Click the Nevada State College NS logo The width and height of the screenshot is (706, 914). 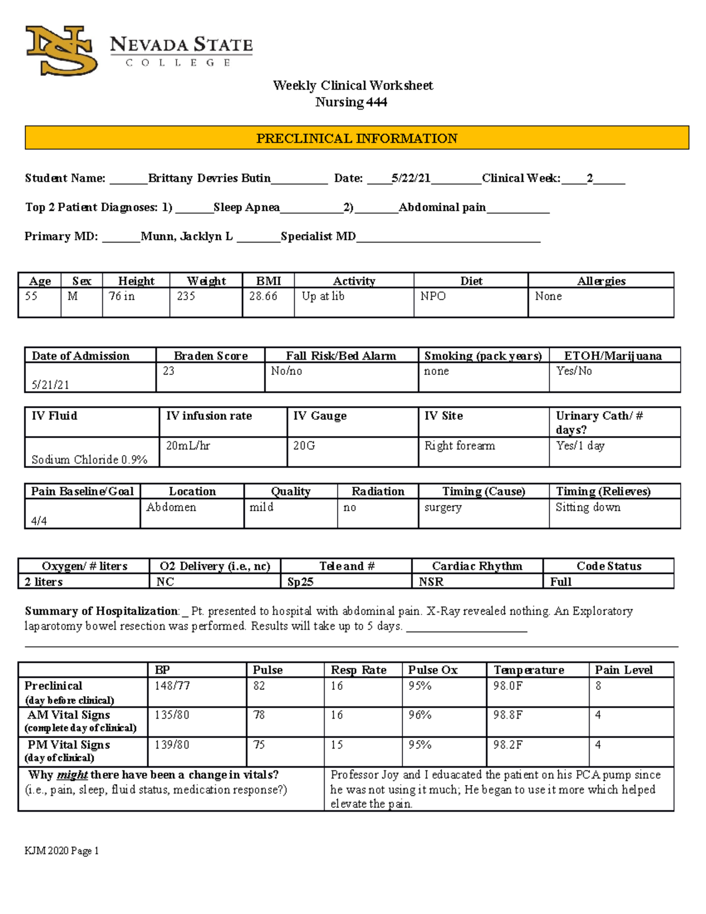[62, 51]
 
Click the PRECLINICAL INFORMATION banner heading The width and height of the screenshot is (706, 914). [357, 138]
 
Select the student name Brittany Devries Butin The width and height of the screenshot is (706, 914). [209, 178]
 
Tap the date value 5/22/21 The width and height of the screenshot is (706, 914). [411, 178]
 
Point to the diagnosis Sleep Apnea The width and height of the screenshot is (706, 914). [247, 207]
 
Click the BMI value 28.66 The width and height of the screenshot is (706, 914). [263, 296]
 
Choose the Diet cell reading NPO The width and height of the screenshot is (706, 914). [433, 296]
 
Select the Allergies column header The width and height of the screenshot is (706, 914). [601, 281]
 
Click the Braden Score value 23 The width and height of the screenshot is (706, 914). [169, 371]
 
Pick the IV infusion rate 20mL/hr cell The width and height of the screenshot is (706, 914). [188, 446]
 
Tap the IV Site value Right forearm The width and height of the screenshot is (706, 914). [459, 446]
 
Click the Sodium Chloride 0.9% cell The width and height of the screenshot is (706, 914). [89, 460]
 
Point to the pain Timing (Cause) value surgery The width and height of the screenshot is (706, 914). [443, 507]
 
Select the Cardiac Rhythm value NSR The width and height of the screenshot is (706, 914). [431, 581]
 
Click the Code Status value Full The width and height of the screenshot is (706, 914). [561, 581]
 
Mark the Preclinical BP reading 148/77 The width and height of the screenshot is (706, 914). [172, 686]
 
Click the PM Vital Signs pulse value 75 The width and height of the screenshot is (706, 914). [259, 745]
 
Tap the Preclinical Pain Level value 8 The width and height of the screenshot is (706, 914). [598, 686]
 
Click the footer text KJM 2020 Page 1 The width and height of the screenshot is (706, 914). [62, 850]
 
